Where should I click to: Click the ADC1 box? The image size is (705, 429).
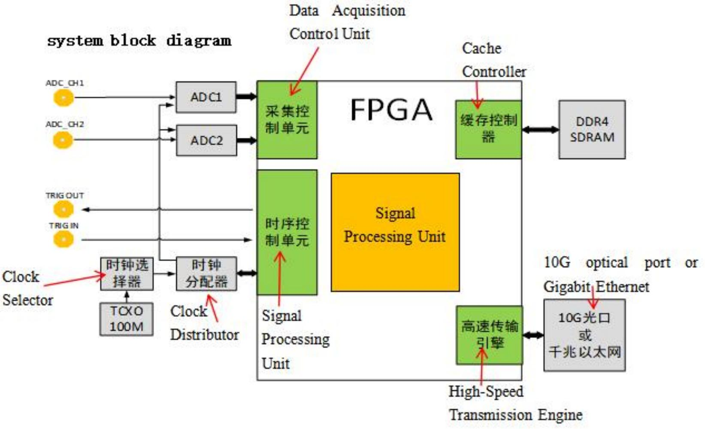point(206,97)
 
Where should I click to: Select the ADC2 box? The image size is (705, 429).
point(206,140)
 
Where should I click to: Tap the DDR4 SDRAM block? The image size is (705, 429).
point(592,129)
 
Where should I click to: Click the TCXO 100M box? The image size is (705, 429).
point(126,319)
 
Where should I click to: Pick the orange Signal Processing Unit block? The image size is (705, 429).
point(395,232)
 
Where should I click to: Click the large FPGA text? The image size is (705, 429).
point(391,110)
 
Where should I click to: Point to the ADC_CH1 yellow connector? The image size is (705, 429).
point(64,98)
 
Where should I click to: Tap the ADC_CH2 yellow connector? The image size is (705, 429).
point(63,140)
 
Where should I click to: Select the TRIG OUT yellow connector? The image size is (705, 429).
point(64,210)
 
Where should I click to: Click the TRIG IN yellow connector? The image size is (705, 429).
point(64,239)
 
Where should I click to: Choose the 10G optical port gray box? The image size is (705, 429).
point(584,335)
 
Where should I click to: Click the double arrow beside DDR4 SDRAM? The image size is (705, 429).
point(540,129)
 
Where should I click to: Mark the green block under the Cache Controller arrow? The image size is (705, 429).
point(488,129)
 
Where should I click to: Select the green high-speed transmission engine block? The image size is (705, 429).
point(489,335)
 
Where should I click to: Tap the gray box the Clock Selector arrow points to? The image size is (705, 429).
point(127,274)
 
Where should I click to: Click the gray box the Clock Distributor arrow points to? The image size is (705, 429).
point(206,274)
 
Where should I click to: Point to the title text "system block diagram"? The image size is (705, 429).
point(139,41)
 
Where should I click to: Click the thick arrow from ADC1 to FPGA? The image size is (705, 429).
point(246,97)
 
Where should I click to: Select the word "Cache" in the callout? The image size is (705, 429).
point(481,49)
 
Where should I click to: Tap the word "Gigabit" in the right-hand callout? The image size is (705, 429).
point(566,287)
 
